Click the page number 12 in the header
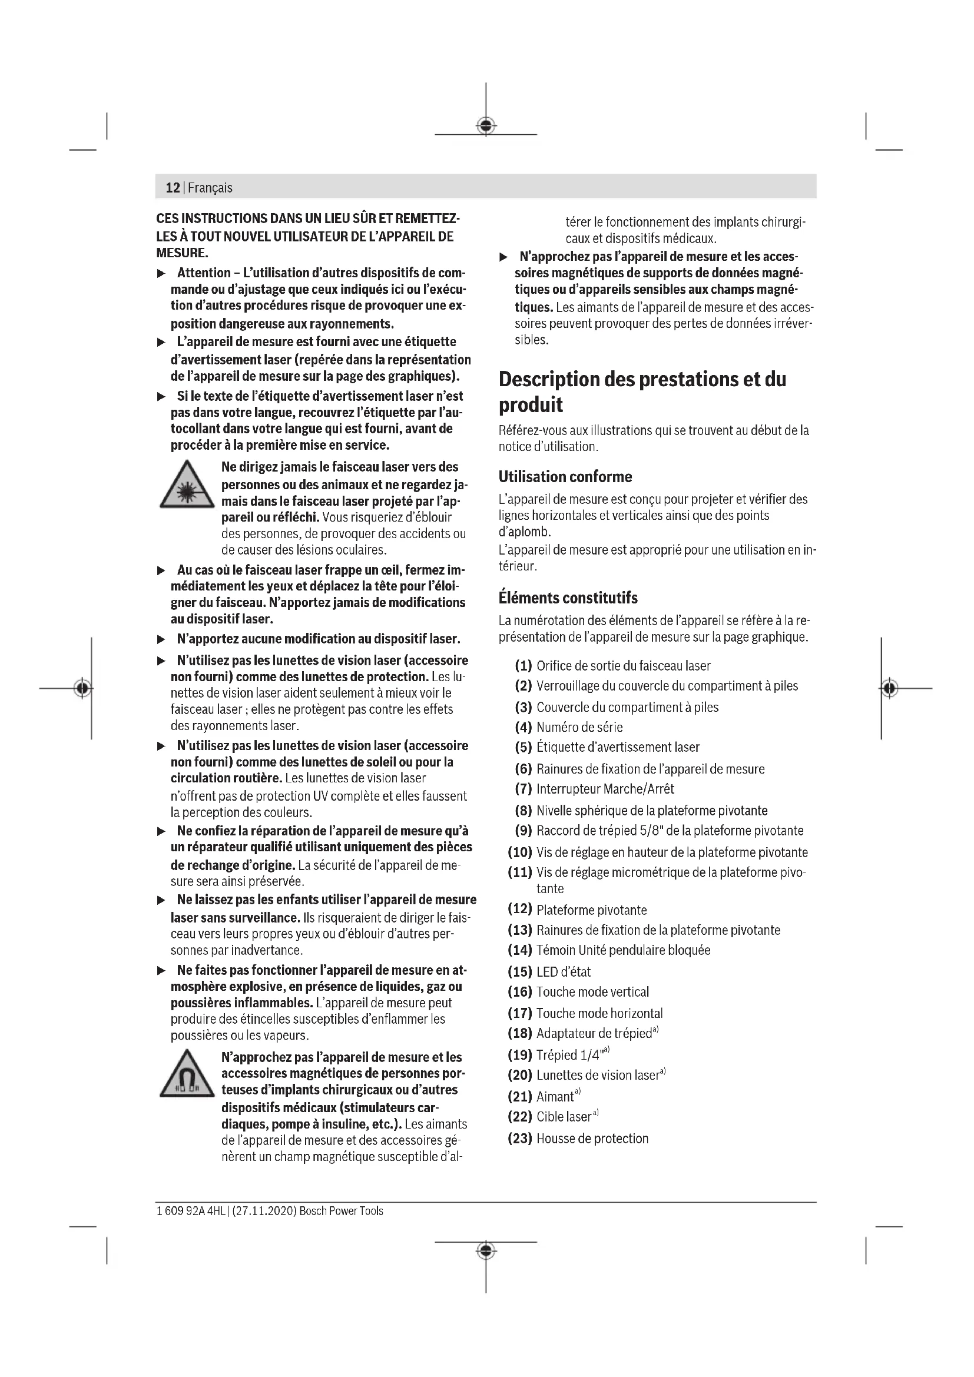(173, 188)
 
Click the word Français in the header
(210, 188)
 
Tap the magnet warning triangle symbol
(187, 1076)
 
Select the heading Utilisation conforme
(565, 477)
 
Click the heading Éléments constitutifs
(567, 598)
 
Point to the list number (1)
(523, 666)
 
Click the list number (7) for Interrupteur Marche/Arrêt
(523, 789)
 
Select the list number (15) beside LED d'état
(519, 971)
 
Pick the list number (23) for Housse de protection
(519, 1139)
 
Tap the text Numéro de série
(579, 728)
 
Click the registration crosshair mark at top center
(486, 126)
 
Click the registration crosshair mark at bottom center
(486, 1251)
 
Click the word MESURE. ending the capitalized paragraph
(183, 253)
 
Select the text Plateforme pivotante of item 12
(591, 910)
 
